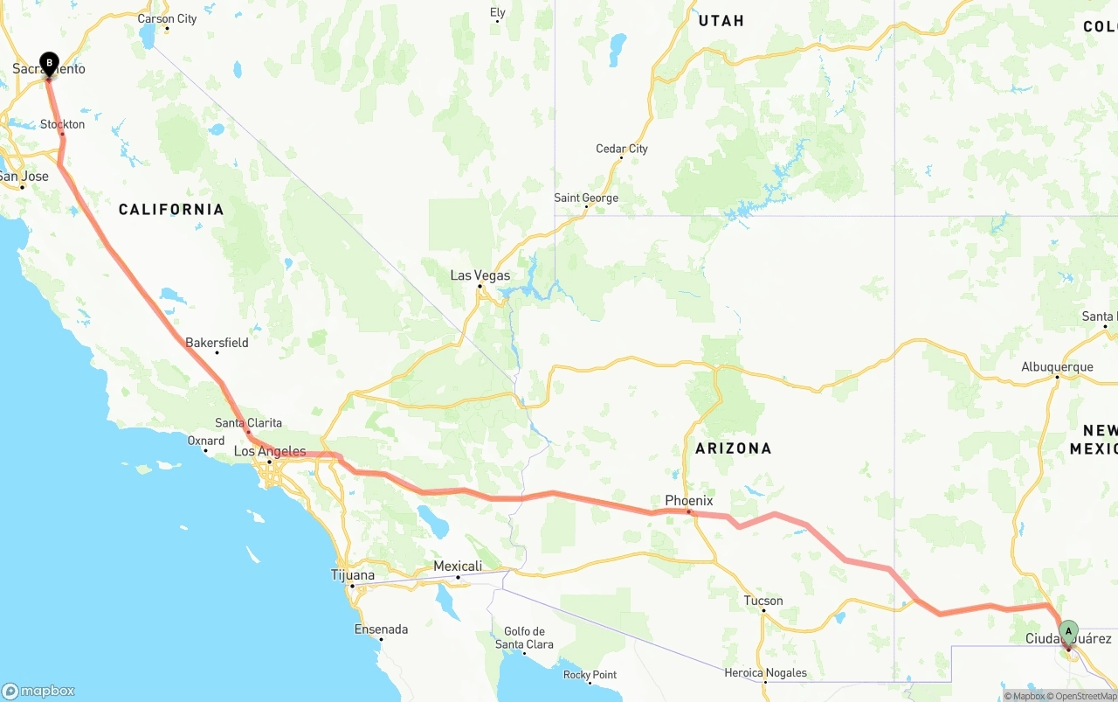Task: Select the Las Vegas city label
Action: coord(480,275)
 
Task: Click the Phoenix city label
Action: coord(688,501)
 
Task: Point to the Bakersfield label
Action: coord(217,343)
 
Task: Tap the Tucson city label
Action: coord(763,601)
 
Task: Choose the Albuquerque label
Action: coord(1057,367)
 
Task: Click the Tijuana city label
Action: coord(353,575)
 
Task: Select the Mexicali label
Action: coord(458,566)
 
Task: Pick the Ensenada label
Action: coord(381,629)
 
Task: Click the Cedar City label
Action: coord(622,149)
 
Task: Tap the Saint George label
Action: coord(586,198)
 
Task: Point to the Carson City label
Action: coord(167,18)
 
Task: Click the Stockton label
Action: coord(63,125)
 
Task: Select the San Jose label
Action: coord(24,177)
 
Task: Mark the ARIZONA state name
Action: coord(733,448)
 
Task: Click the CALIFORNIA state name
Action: coord(171,210)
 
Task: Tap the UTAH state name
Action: coord(721,21)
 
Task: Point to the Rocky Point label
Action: coord(590,675)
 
